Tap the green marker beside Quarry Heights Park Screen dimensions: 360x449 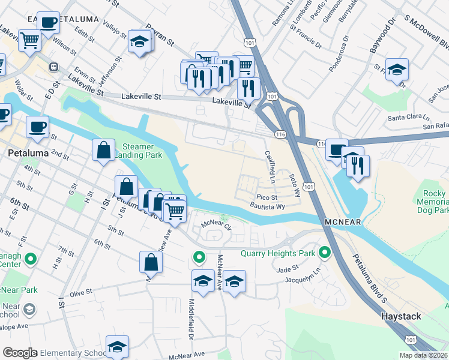[x=325, y=253]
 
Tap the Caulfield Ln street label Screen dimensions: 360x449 [x=270, y=167]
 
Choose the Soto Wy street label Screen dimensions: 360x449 [x=294, y=185]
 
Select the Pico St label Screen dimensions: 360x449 [x=267, y=197]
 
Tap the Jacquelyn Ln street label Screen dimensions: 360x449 [x=300, y=280]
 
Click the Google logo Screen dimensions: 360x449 [x=20, y=353]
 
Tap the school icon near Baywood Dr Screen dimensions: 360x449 [x=397, y=70]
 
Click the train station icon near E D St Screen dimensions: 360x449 [x=53, y=67]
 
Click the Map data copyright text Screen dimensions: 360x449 [x=423, y=355]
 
